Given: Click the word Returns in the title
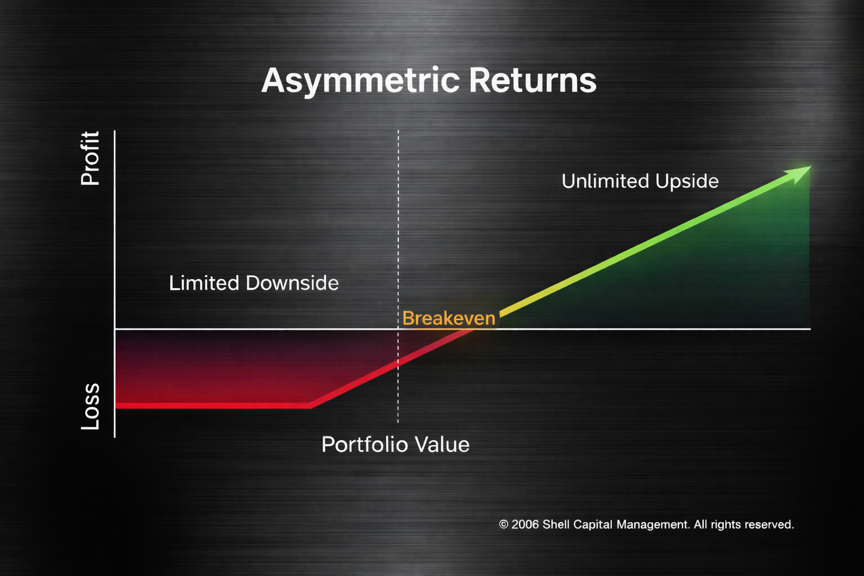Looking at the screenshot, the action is (533, 80).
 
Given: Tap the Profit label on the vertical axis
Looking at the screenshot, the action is (90, 158).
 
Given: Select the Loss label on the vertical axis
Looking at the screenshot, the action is (90, 406).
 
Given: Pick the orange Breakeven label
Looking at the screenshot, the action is (449, 318).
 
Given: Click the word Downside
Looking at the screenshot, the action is (292, 283).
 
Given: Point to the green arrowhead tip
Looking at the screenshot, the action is (811, 166).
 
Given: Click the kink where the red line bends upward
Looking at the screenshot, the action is (310, 406).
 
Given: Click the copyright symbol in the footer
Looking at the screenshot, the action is (503, 524).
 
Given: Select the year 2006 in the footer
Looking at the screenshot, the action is (525, 524).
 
